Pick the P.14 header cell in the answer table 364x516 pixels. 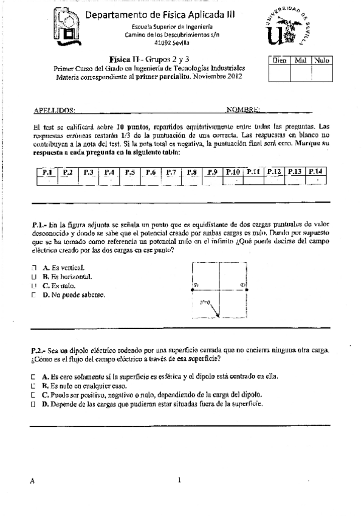point(315,172)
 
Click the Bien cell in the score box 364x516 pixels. point(279,61)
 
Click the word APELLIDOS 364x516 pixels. point(55,110)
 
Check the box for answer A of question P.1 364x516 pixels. point(33,267)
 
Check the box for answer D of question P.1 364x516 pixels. point(33,295)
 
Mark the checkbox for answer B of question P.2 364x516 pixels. point(33,386)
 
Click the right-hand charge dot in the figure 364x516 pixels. point(247,289)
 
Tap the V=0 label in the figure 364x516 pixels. point(205,302)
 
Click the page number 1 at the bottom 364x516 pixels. point(180,480)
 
